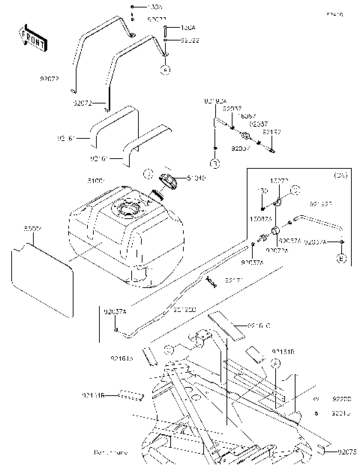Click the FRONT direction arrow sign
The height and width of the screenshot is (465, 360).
point(32,38)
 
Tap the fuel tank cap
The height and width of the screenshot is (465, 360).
point(169,181)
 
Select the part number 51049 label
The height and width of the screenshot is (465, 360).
point(195,178)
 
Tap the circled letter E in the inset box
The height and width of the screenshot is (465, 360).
point(341,259)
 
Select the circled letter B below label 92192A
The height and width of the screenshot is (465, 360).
point(214,163)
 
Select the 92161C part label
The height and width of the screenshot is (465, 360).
point(258,325)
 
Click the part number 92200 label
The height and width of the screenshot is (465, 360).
point(341,400)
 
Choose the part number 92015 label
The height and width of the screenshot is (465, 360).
point(341,412)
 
